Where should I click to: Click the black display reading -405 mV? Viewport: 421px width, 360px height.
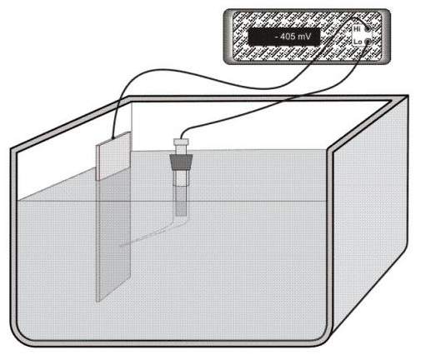[283, 37]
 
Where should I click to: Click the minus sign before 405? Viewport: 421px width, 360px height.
[277, 37]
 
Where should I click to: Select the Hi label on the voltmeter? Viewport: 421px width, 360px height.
[357, 28]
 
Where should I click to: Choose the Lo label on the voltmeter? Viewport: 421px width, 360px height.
[358, 42]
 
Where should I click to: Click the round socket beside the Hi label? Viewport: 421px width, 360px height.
[368, 28]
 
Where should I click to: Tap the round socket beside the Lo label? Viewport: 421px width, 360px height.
[368, 42]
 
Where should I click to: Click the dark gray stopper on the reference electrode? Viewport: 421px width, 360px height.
[181, 162]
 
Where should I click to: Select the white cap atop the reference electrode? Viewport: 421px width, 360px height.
[181, 142]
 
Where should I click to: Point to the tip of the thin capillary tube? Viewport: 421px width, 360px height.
[120, 246]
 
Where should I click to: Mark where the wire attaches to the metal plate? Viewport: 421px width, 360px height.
[113, 138]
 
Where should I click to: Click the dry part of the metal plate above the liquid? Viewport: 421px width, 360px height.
[113, 157]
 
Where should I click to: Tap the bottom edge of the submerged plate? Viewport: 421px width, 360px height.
[113, 292]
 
